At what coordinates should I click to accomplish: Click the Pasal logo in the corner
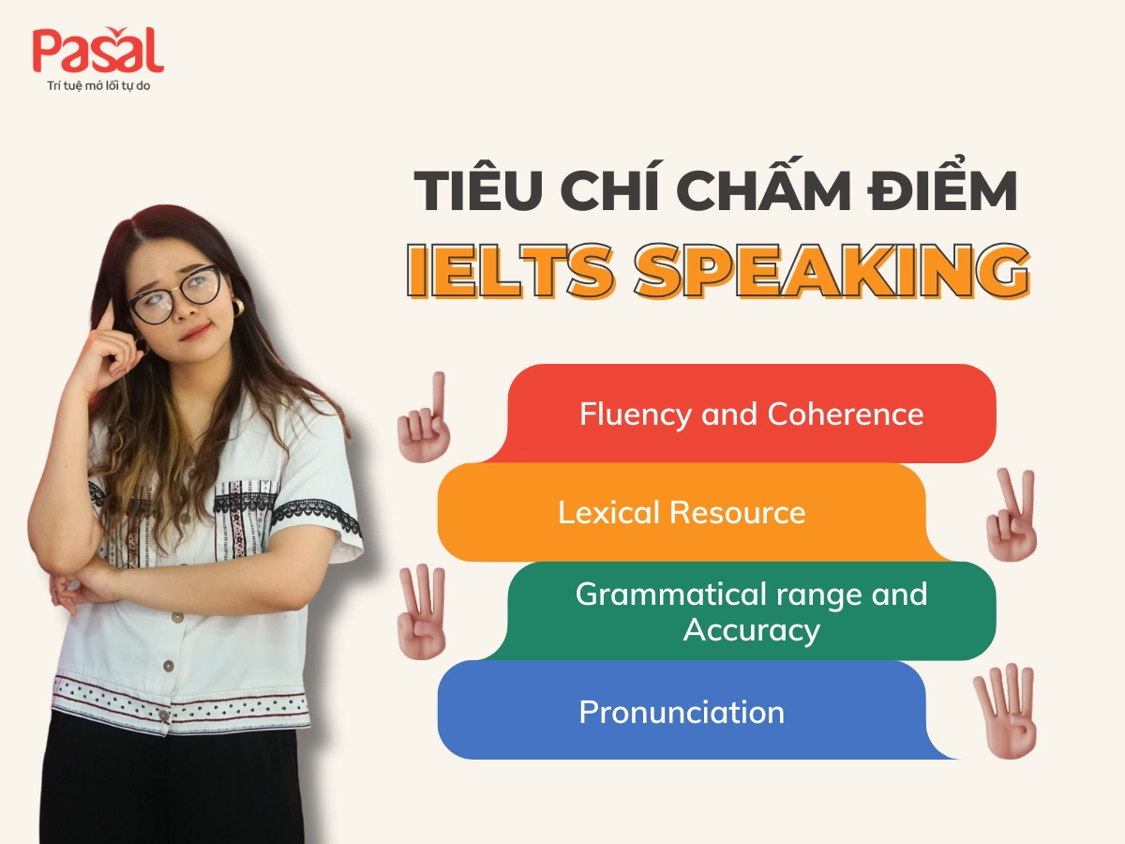tap(97, 52)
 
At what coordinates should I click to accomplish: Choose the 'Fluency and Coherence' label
tap(751, 414)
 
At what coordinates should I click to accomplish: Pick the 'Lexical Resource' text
tap(682, 512)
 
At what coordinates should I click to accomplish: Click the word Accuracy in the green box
tap(751, 629)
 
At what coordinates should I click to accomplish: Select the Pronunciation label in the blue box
tap(682, 712)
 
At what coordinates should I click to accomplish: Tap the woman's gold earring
tap(237, 308)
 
